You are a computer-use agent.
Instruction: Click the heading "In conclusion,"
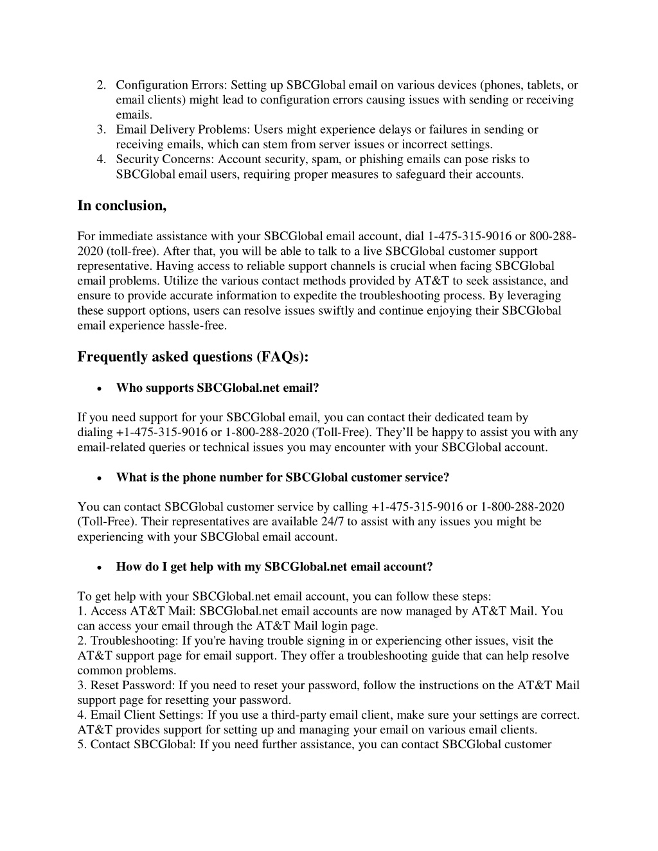[x=122, y=206]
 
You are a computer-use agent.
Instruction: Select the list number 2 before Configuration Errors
[x=102, y=85]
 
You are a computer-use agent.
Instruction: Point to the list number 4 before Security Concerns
[x=102, y=159]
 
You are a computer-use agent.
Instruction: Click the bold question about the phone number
[x=283, y=477]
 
